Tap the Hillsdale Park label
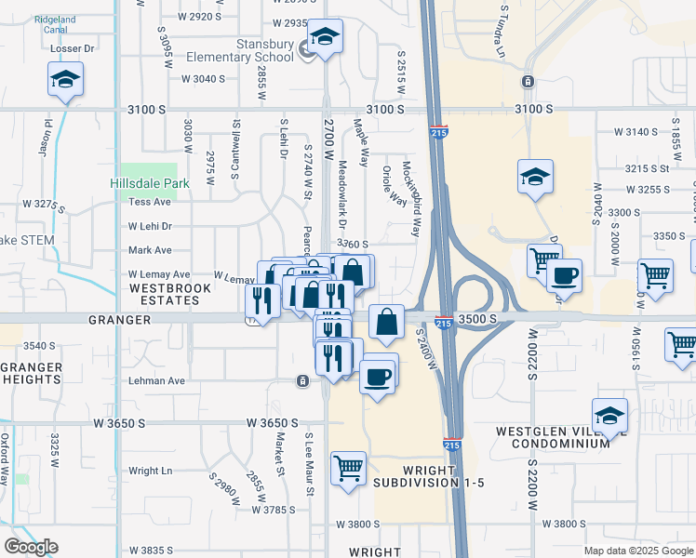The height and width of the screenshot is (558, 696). pyautogui.click(x=150, y=183)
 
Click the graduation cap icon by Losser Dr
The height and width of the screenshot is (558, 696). pyautogui.click(x=66, y=79)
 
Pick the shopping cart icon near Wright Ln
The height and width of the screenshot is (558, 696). pyautogui.click(x=349, y=469)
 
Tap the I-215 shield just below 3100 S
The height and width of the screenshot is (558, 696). pyautogui.click(x=438, y=133)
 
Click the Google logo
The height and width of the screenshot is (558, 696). pyautogui.click(x=31, y=547)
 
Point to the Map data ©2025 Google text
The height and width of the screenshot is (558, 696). pyautogui.click(x=637, y=551)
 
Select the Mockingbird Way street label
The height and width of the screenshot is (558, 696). pyautogui.click(x=411, y=197)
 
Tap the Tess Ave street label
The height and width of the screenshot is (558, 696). pyautogui.click(x=150, y=202)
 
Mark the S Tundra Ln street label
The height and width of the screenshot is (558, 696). pyautogui.click(x=504, y=28)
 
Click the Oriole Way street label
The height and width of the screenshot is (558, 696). pyautogui.click(x=394, y=186)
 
